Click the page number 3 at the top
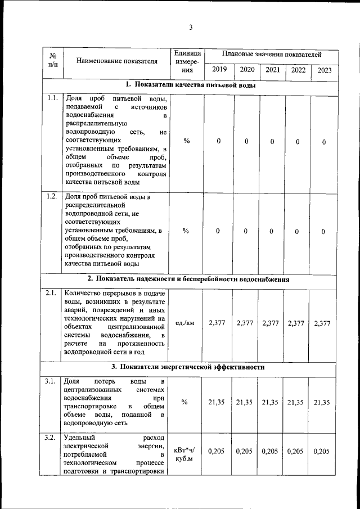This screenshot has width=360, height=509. (191, 28)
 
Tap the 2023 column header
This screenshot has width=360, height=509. (324, 70)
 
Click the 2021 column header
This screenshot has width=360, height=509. (272, 70)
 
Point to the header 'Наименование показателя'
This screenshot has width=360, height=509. (116, 61)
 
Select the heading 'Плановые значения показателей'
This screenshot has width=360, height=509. (271, 55)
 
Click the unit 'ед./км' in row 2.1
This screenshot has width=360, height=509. (185, 323)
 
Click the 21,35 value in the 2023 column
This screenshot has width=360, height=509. (323, 402)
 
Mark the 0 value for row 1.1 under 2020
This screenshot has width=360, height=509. (246, 142)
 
